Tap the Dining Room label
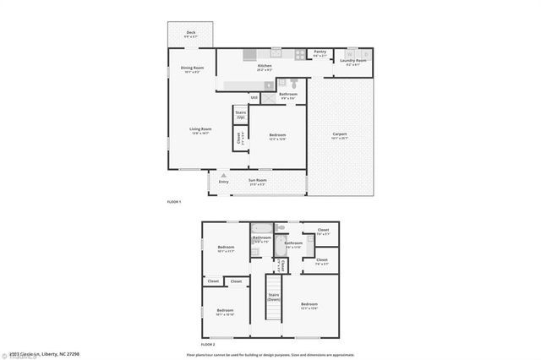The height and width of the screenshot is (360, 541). [192, 69]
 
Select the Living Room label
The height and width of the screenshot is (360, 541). [199, 130]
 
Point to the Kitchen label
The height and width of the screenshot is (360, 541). [265, 67]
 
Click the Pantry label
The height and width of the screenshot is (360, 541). [320, 53]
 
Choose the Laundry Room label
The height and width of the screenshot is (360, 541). [353, 61]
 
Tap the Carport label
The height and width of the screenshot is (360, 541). [340, 135]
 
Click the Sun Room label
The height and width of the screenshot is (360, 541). [257, 181]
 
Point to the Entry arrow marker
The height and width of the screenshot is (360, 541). [224, 176]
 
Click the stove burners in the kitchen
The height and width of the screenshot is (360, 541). [300, 56]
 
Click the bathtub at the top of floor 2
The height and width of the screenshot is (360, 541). [261, 229]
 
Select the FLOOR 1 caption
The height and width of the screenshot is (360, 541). [175, 201]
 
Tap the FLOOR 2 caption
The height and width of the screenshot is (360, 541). [208, 345]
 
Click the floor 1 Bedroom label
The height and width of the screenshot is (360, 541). [277, 136]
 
